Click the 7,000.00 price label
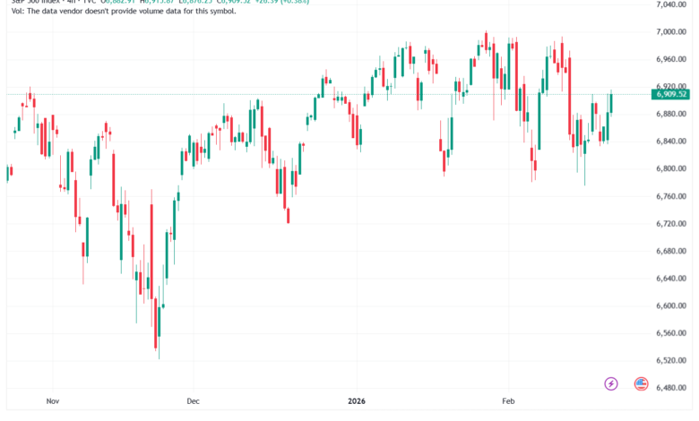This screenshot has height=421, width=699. point(670,31)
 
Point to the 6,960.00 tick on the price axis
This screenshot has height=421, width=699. point(670,59)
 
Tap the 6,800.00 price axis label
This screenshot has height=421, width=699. point(670,168)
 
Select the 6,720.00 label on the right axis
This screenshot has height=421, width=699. point(670,223)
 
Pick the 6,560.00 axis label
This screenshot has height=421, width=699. point(670,332)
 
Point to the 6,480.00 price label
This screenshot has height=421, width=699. point(670,388)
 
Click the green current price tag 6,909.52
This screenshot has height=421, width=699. point(671,94)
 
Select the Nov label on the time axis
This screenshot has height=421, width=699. point(52,403)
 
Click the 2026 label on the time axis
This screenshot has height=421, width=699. point(357,403)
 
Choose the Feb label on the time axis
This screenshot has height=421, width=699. point(508,403)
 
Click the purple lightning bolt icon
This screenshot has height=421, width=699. point(611,383)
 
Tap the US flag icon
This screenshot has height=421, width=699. point(641,383)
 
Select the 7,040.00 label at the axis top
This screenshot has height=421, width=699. point(670,4)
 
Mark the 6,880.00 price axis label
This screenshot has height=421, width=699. point(670,114)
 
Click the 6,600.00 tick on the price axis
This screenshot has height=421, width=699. point(670,305)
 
